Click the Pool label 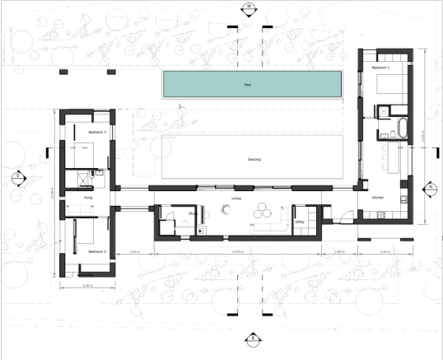click(x=247, y=85)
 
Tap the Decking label click(x=254, y=159)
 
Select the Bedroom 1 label click(x=380, y=68)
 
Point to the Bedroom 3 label click(x=97, y=131)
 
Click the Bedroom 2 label click(x=97, y=251)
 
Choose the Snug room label click(x=88, y=199)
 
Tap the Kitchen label click(x=378, y=198)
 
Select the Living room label click(x=235, y=199)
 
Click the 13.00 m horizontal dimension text click(x=238, y=251)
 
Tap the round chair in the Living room click(x=224, y=211)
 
